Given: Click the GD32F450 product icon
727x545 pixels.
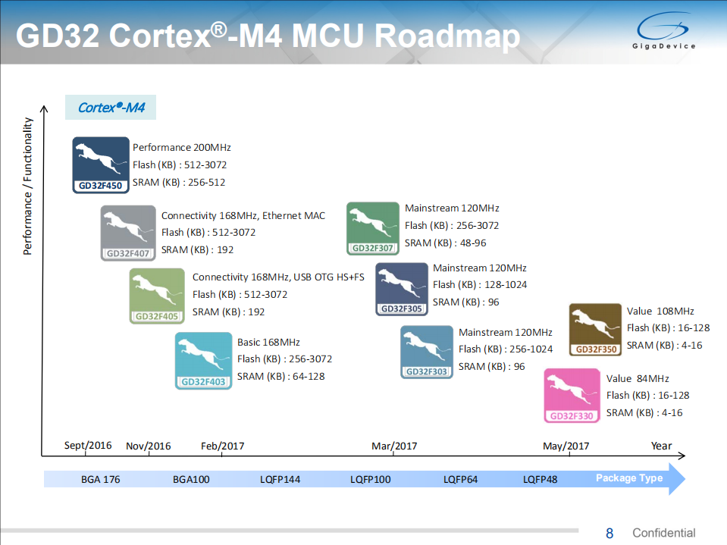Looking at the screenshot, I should click(101, 164).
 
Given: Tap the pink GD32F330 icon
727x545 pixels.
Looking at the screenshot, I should click(572, 395).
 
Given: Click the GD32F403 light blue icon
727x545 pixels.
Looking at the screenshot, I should click(203, 361).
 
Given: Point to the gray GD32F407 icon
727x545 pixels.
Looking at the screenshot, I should click(128, 233).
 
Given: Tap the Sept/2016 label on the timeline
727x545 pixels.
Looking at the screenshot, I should click(88, 445).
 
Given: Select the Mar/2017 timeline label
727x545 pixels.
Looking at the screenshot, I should click(394, 446).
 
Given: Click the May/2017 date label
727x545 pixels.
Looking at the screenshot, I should click(566, 446).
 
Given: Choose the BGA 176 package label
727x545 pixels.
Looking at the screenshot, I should click(101, 479).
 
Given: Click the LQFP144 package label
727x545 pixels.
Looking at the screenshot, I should click(280, 479).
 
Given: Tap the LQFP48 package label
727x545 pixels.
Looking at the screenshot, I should click(540, 479).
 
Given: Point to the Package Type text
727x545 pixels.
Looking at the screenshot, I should click(629, 478).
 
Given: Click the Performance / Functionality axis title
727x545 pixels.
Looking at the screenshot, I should click(28, 186).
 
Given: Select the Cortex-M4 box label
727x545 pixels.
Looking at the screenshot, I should click(111, 108).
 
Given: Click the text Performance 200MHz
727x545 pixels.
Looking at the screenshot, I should click(182, 147).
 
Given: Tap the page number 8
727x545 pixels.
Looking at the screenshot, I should click(609, 533).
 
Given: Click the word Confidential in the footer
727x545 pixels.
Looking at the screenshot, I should click(663, 533).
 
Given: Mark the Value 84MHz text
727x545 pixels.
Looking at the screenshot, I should click(638, 378).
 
